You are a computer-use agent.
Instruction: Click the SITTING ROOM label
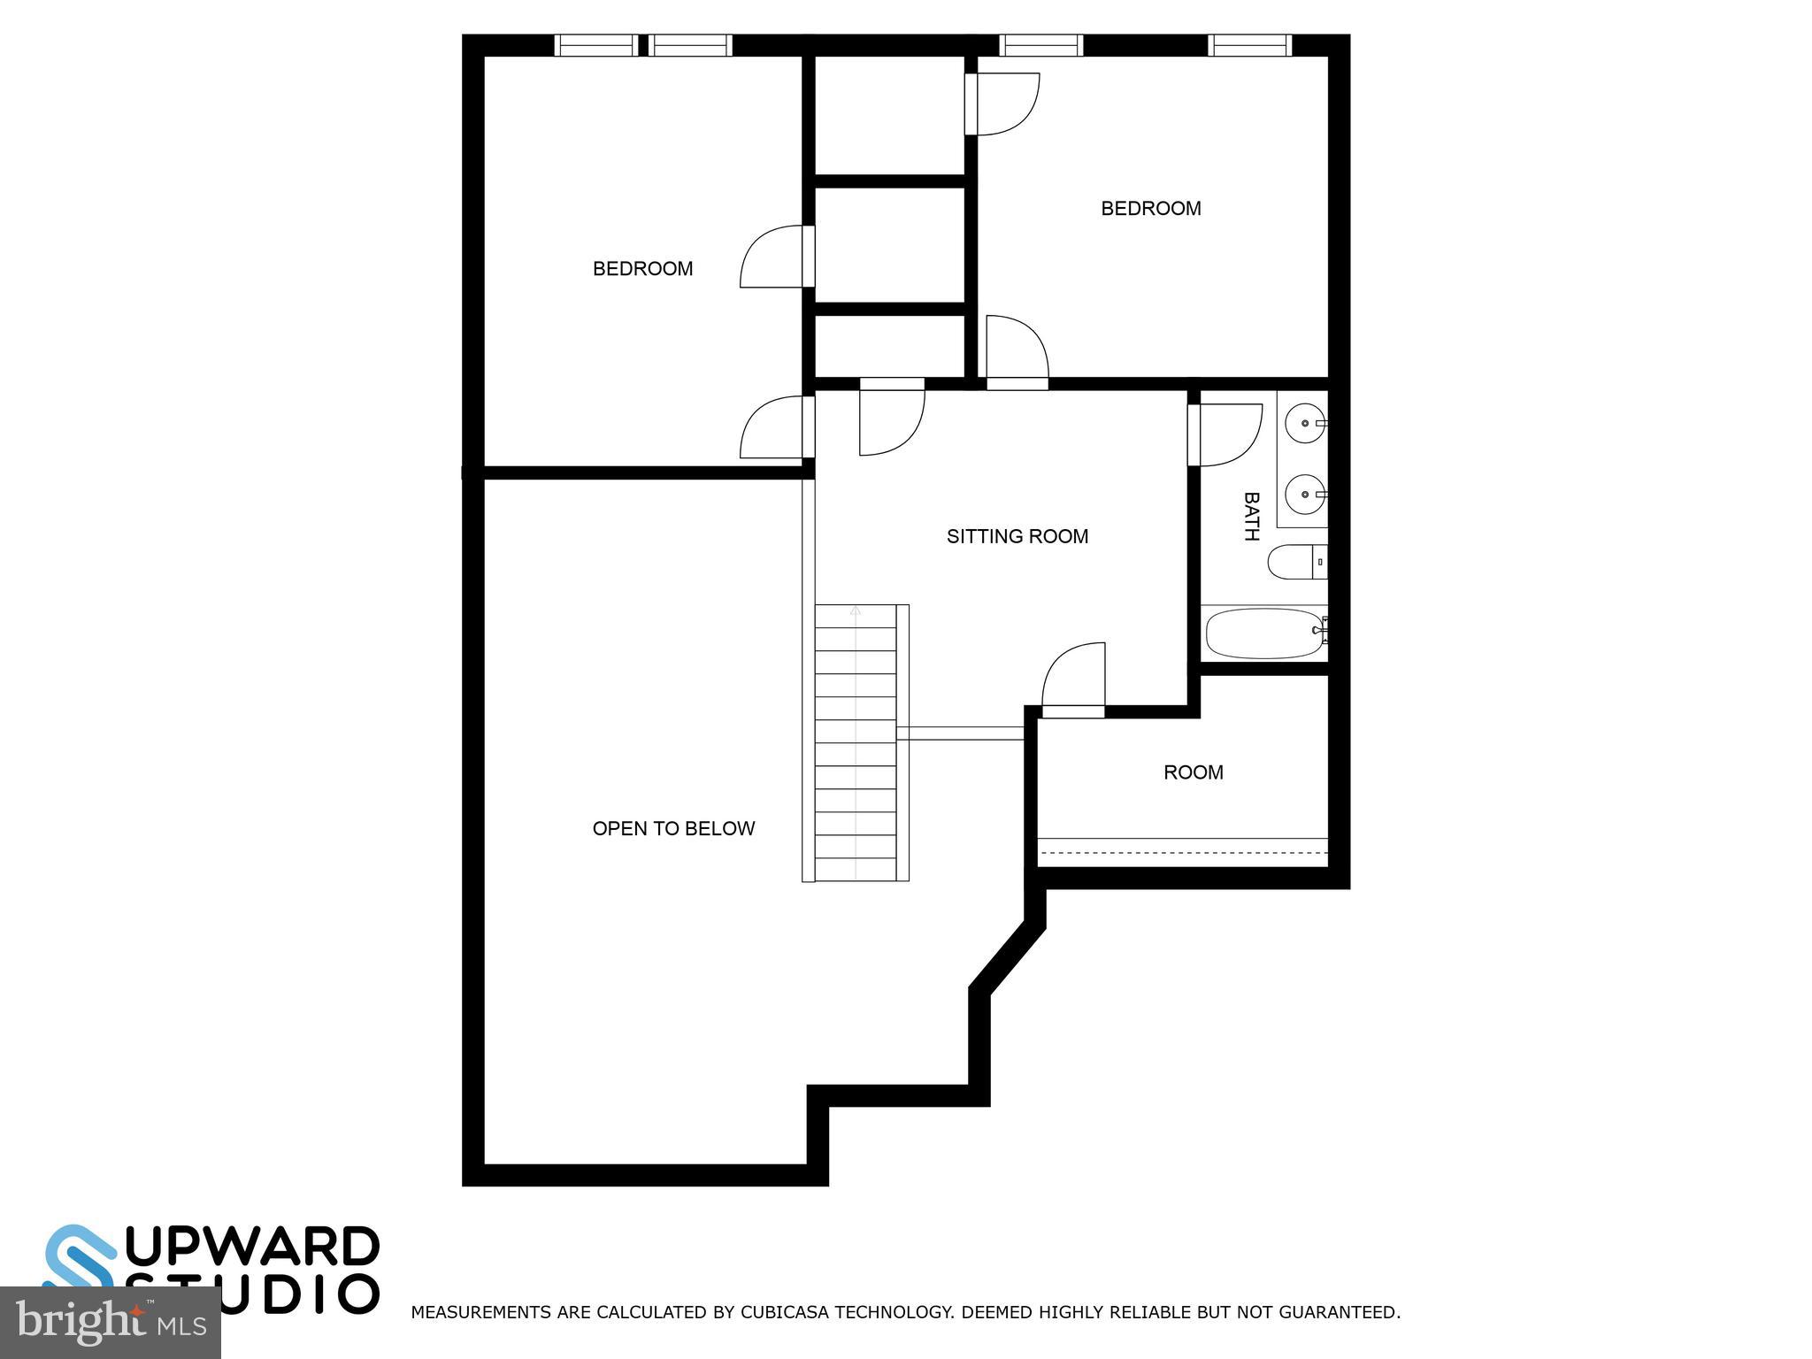pyautogui.click(x=1017, y=536)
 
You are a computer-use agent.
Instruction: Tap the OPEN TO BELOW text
pyautogui.click(x=673, y=829)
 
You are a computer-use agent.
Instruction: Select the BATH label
pyautogui.click(x=1251, y=517)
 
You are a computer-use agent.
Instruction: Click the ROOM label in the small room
pyautogui.click(x=1193, y=772)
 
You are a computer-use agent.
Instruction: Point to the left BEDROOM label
pyautogui.click(x=642, y=269)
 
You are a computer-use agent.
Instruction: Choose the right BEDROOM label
pyautogui.click(x=1150, y=209)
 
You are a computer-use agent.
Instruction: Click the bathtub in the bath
pyautogui.click(x=1263, y=633)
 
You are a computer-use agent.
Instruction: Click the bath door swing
pyautogui.click(x=1228, y=434)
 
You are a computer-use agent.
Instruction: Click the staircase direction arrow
pyautogui.click(x=855, y=610)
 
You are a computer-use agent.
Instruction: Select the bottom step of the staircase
pyautogui.click(x=855, y=869)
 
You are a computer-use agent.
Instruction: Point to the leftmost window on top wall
pyautogui.click(x=595, y=45)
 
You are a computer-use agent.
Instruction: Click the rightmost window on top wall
pyautogui.click(x=1249, y=45)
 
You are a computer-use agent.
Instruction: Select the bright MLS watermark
pyautogui.click(x=110, y=1323)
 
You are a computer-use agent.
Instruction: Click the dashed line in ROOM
pyautogui.click(x=1183, y=853)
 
